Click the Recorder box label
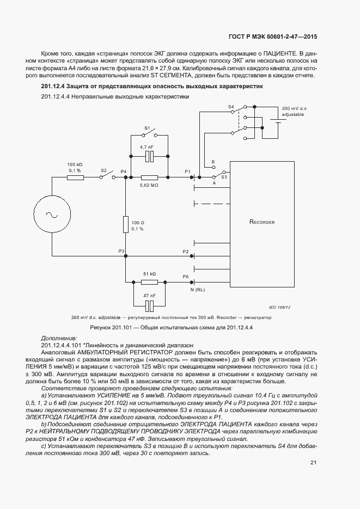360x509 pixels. click(262, 222)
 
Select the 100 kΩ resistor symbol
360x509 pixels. click(75, 177)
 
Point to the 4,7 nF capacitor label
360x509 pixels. click(147, 148)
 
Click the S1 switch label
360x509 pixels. click(147, 128)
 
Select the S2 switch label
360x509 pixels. click(103, 170)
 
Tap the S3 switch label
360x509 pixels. click(224, 177)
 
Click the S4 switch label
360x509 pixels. click(230, 107)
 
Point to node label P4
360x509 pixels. click(124, 171)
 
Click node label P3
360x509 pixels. click(122, 251)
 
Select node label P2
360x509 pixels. click(186, 252)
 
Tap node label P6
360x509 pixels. click(186, 277)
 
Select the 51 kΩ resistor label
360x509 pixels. click(149, 274)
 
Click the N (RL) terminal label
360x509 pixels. click(198, 289)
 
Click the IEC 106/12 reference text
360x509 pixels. click(280, 308)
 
